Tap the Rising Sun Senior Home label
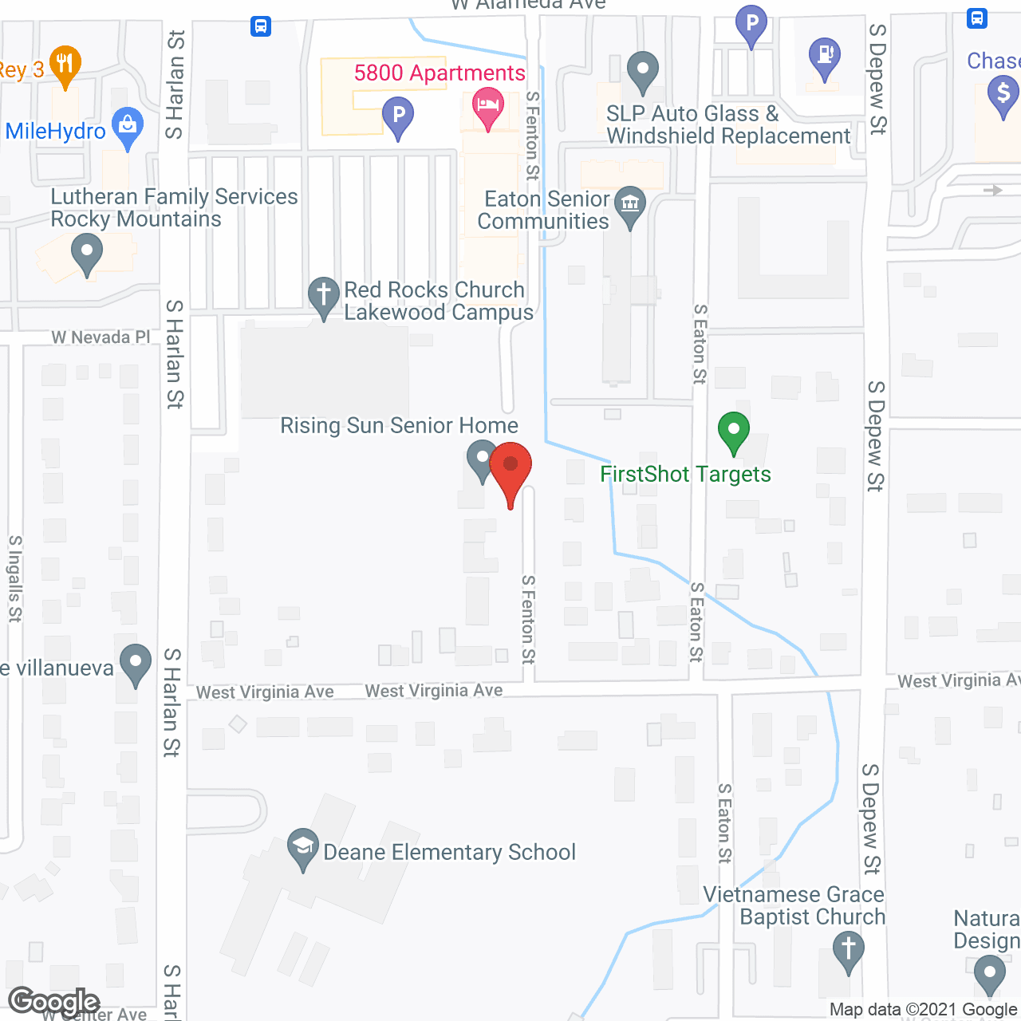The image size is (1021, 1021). (399, 426)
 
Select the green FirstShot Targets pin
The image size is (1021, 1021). (734, 433)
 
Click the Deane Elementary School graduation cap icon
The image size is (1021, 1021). (303, 849)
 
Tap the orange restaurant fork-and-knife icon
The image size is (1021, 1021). (65, 65)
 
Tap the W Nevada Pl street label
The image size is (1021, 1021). (101, 337)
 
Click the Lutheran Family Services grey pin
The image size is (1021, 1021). (87, 256)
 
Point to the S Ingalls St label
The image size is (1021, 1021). (15, 578)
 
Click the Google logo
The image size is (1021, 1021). (54, 1002)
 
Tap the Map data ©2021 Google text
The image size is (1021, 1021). (924, 1010)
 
